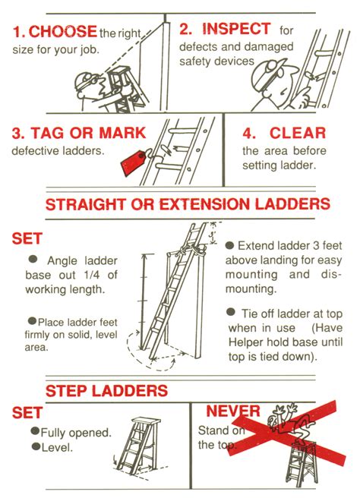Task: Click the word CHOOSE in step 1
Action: (62, 32)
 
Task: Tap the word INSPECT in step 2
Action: (235, 29)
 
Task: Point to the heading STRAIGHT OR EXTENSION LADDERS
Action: (188, 204)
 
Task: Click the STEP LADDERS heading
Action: (106, 391)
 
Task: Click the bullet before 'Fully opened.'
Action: (34, 431)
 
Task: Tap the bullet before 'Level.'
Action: (34, 447)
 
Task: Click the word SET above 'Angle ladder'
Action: (27, 238)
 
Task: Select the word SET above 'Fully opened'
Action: (27, 413)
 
